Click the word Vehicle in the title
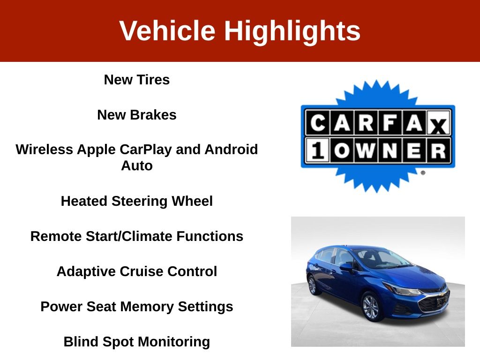tap(167, 30)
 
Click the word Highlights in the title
tap(292, 31)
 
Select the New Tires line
tap(136, 80)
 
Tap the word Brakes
tap(153, 115)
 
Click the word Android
tap(231, 150)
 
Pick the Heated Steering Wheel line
tap(136, 201)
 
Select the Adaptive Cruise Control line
tap(136, 271)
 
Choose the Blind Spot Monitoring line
tap(136, 342)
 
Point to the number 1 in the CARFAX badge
tap(317, 150)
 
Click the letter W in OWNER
tap(366, 150)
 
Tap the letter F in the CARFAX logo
tap(390, 123)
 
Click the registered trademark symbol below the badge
tap(423, 172)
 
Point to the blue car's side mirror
tap(346, 266)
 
